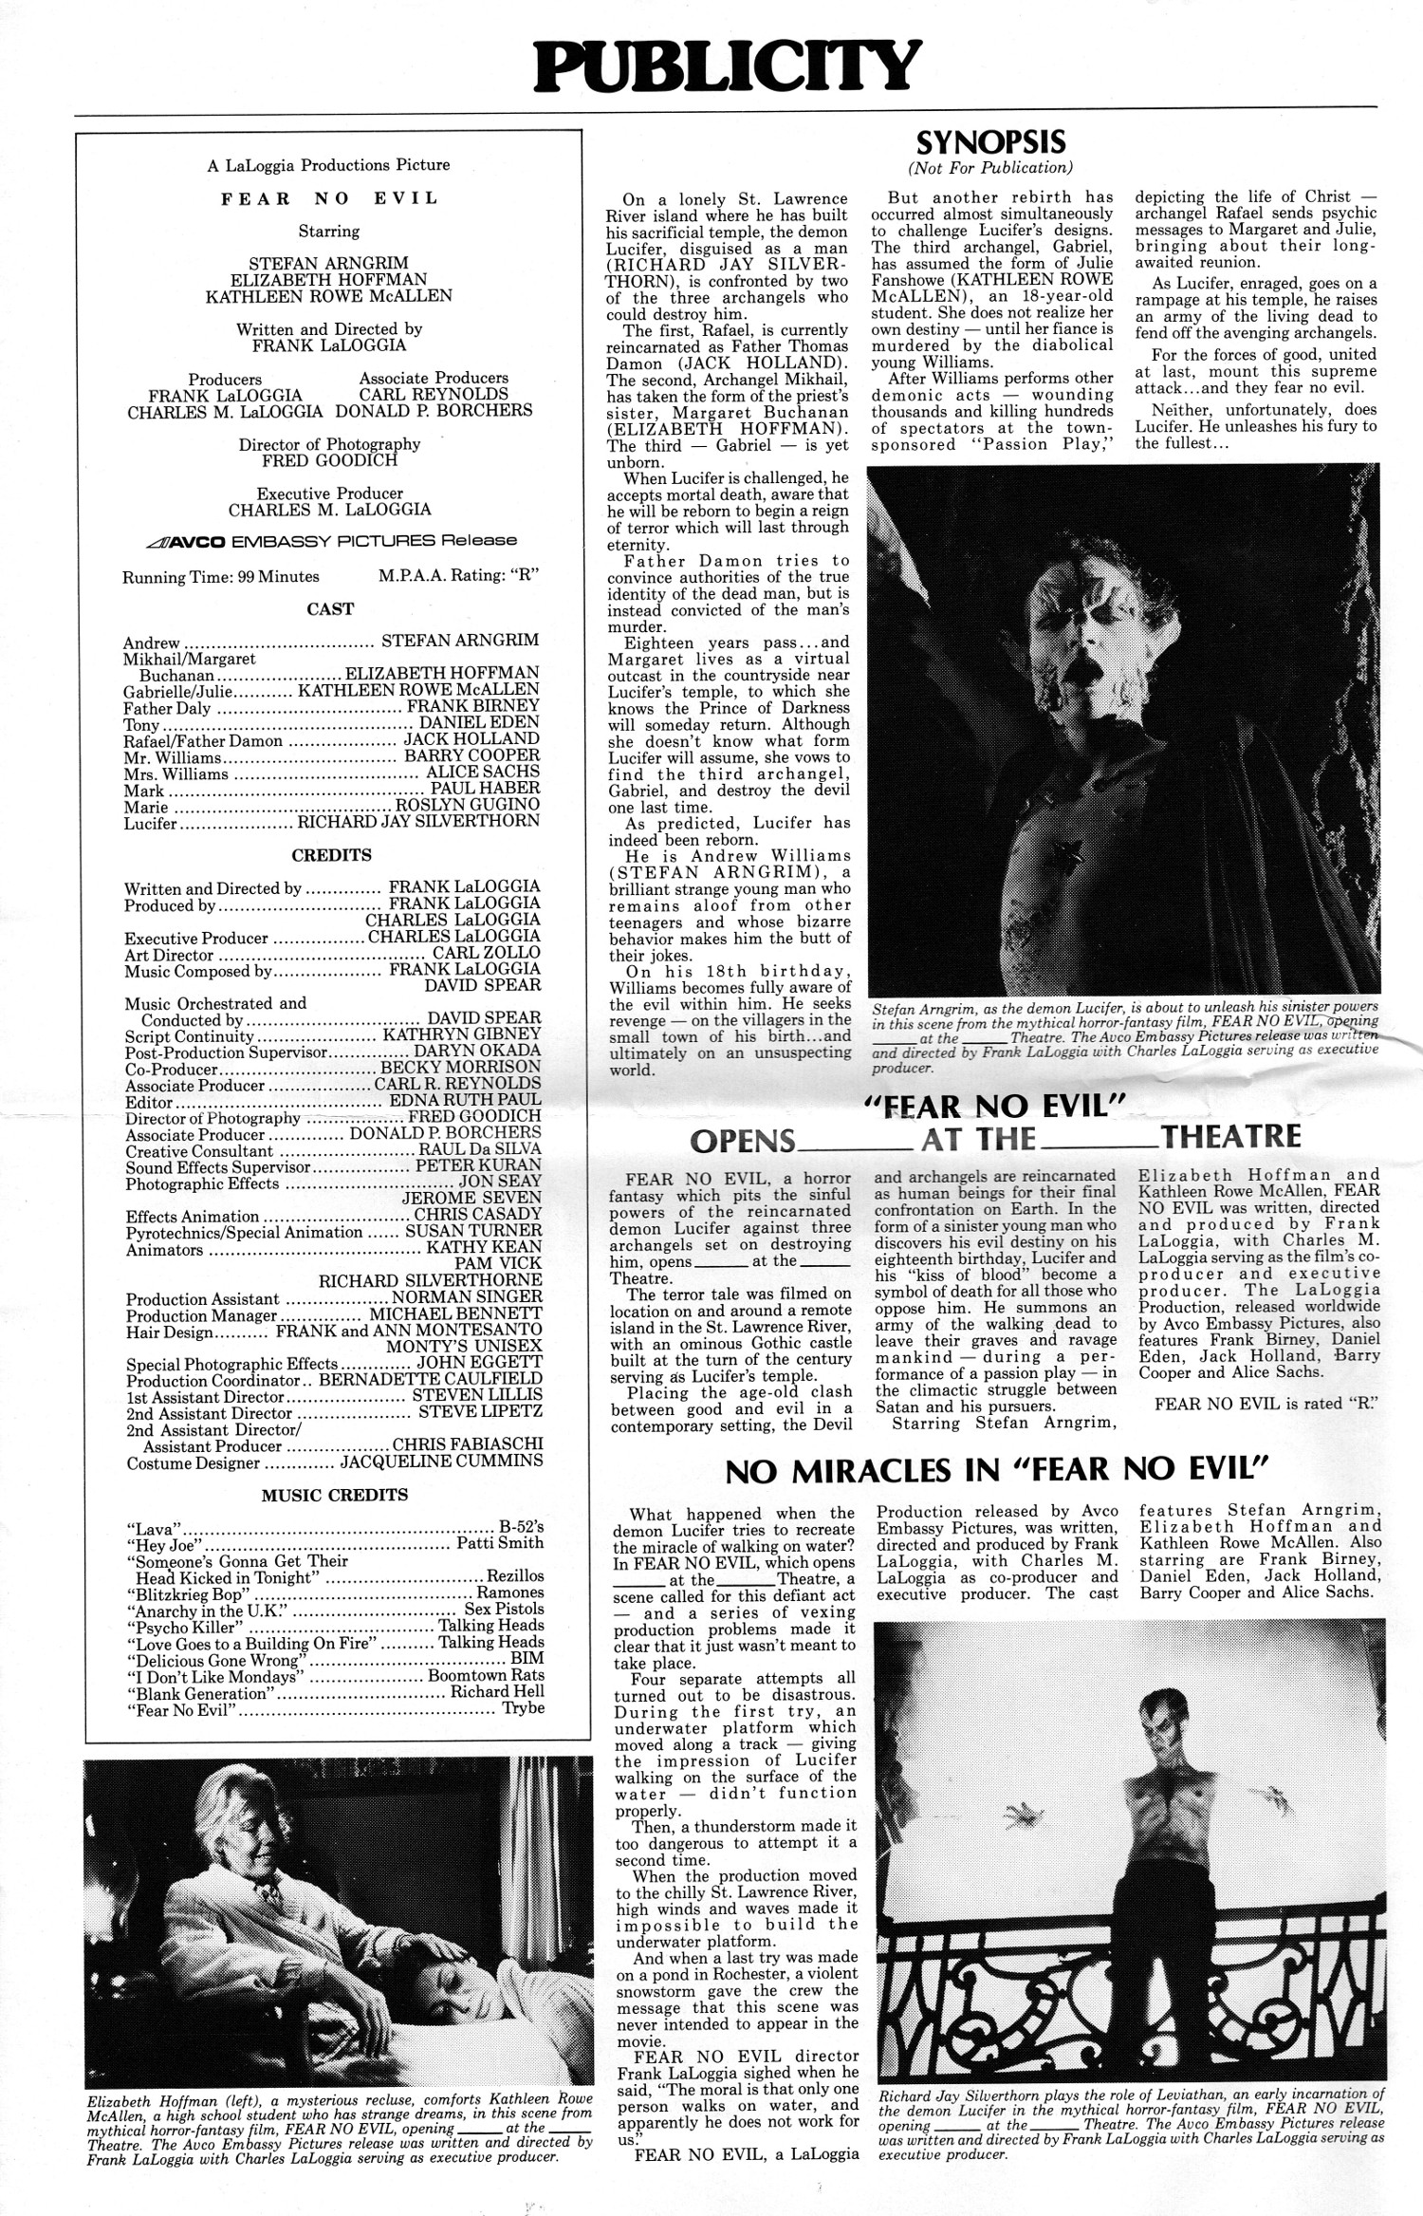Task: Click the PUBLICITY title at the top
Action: coord(727,66)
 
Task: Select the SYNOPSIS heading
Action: coord(990,142)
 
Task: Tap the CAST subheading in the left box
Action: coord(330,609)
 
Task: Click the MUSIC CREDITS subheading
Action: coord(334,1495)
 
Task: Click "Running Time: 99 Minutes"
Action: coord(221,576)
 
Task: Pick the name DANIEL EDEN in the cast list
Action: coord(479,722)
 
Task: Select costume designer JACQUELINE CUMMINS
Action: coord(441,1462)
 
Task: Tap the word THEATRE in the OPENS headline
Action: coord(1230,1136)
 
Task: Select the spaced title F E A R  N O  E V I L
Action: coord(329,198)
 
